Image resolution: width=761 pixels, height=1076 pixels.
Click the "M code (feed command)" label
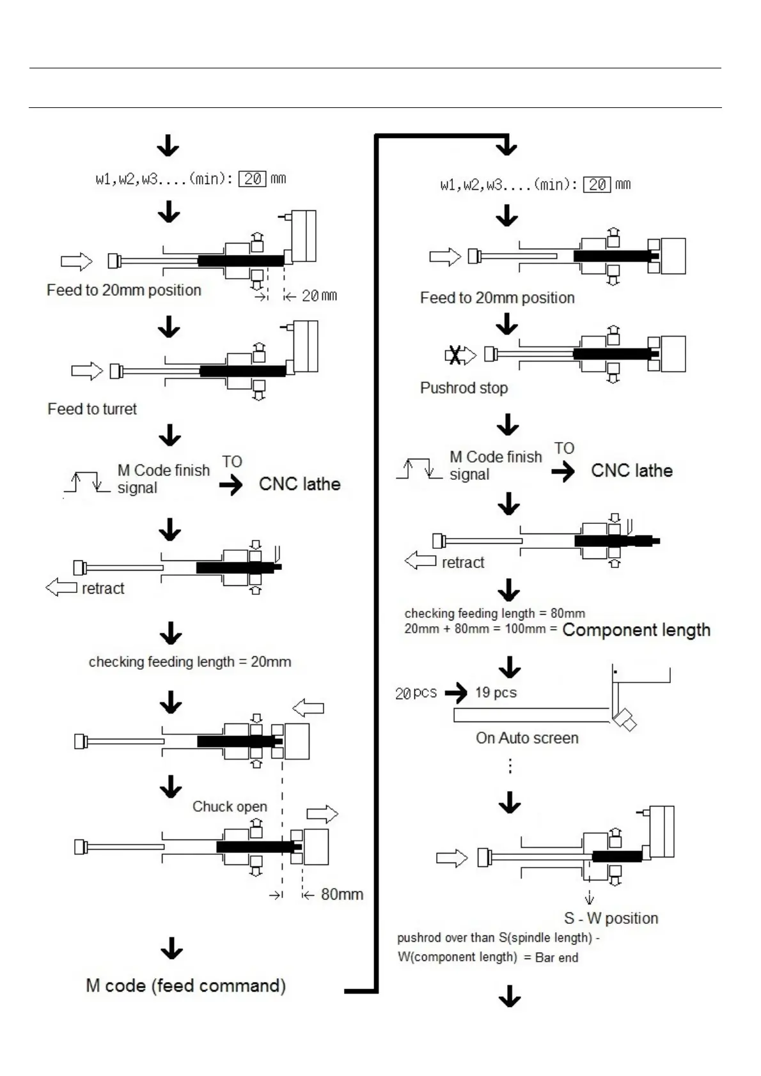185,985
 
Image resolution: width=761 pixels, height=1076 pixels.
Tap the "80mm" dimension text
341,894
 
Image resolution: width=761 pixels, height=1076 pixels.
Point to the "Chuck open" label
230,806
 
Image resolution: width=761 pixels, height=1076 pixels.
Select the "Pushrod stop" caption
464,388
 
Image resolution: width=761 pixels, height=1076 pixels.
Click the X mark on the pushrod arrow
455,355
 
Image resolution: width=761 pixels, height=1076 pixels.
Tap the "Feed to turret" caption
92,409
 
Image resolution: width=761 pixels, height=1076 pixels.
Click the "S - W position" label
611,918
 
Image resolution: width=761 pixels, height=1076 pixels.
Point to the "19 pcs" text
496,693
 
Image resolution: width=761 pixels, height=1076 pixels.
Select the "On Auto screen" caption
527,738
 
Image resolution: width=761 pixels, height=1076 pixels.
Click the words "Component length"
636,630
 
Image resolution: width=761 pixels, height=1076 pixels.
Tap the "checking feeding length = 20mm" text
190,662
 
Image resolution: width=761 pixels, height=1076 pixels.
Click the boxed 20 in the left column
252,179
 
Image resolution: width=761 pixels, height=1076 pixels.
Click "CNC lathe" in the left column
299,484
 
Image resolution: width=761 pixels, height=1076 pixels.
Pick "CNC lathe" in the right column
632,471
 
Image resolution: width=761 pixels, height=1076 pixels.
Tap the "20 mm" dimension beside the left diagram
319,296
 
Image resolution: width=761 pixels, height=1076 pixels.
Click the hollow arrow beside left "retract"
61,587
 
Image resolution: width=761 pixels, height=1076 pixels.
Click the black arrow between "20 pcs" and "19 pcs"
456,693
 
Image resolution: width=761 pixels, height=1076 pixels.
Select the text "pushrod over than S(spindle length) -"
498,938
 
